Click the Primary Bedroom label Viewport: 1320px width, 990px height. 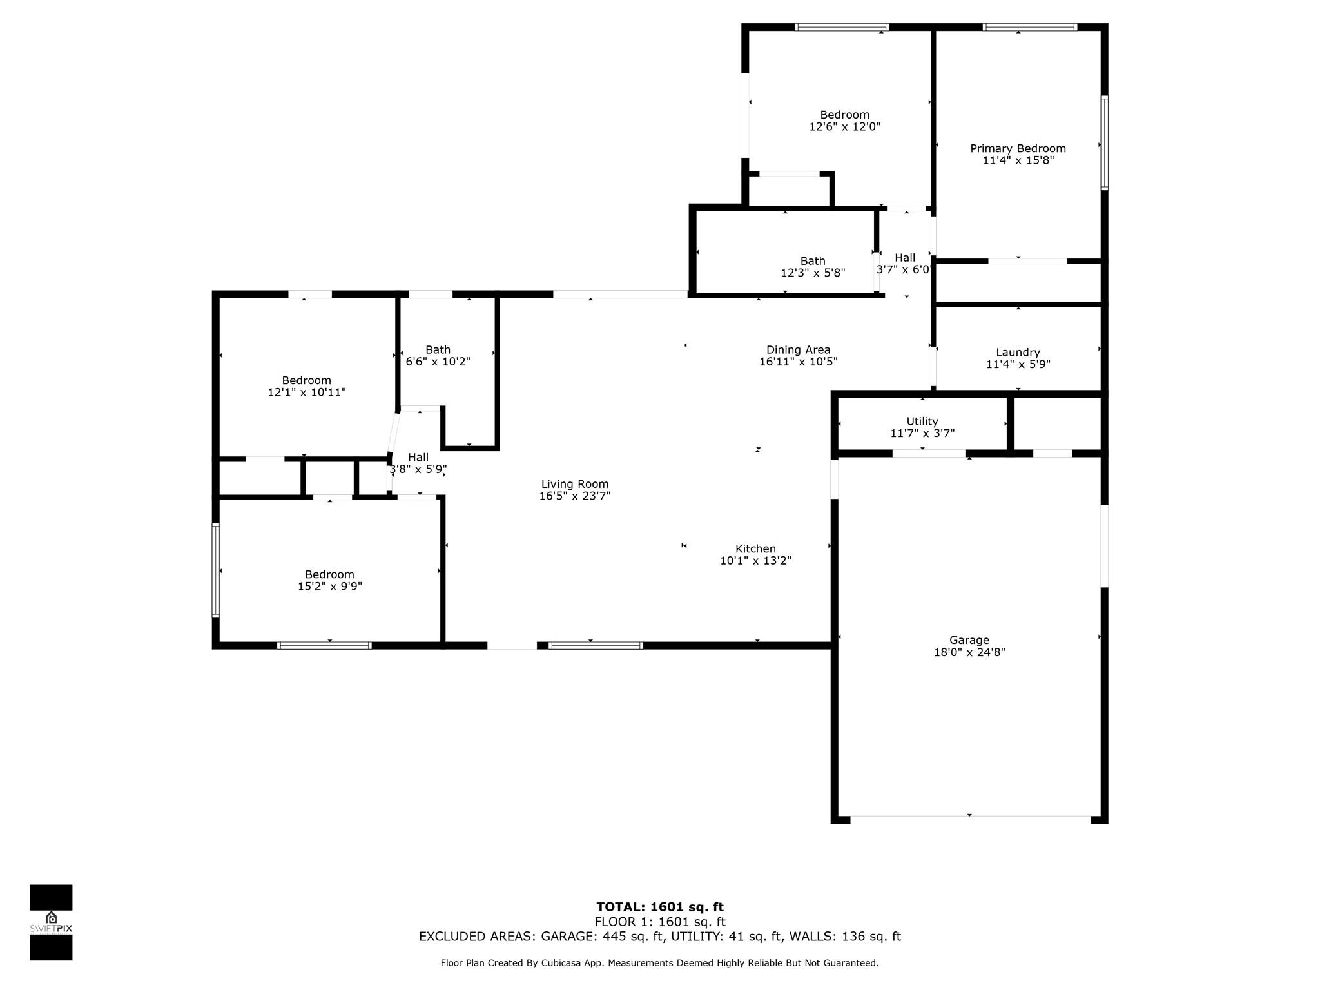(x=1018, y=149)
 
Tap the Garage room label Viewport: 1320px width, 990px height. (x=969, y=640)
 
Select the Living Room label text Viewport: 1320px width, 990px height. (x=575, y=484)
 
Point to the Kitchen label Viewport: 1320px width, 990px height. (x=755, y=549)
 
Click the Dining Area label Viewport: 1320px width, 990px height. (x=798, y=350)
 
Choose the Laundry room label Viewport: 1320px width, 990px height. (x=1018, y=353)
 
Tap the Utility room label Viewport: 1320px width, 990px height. (x=922, y=422)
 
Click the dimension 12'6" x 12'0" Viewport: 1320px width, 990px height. (x=844, y=127)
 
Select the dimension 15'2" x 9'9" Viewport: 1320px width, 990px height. (x=329, y=587)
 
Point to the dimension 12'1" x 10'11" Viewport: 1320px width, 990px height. (x=307, y=392)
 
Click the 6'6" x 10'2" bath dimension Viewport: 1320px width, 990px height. (x=438, y=362)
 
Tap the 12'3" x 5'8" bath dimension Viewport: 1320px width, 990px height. (x=813, y=273)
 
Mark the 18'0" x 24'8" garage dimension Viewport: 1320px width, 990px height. (x=969, y=652)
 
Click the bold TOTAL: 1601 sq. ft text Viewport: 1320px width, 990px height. (x=660, y=907)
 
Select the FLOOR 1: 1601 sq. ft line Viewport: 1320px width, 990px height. (x=660, y=922)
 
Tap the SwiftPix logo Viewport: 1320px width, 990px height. (x=51, y=922)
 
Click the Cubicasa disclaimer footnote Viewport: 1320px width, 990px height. (x=659, y=963)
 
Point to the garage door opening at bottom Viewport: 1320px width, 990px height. (x=970, y=820)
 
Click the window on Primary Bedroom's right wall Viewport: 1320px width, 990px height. (x=1104, y=143)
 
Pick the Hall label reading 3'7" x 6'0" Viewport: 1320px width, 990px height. (x=904, y=264)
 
